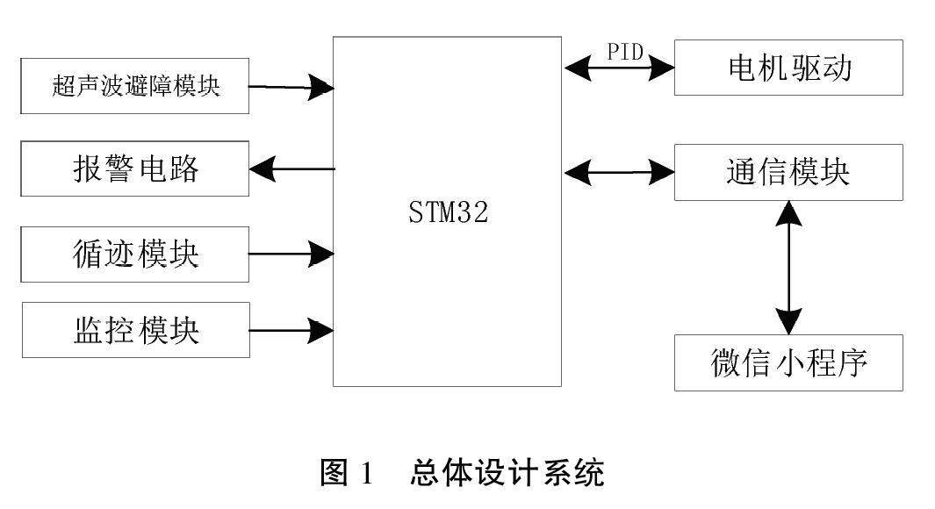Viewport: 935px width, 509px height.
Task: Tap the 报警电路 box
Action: pyautogui.click(x=134, y=168)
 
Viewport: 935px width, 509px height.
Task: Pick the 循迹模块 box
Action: pyautogui.click(x=134, y=254)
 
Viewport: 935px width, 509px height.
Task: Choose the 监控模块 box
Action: pyautogui.click(x=134, y=330)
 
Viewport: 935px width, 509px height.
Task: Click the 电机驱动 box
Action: pyautogui.click(x=788, y=68)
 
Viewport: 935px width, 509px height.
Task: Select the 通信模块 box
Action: pyautogui.click(x=788, y=172)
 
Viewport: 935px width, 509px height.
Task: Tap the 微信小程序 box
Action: pyautogui.click(x=788, y=362)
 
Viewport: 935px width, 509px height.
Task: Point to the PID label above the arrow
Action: pyautogui.click(x=626, y=52)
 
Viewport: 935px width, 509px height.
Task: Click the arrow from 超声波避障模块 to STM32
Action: pyautogui.click(x=291, y=87)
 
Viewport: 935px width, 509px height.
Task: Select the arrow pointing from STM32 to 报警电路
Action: pyautogui.click(x=291, y=168)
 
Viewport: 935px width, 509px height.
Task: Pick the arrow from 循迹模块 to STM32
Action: pyautogui.click(x=291, y=254)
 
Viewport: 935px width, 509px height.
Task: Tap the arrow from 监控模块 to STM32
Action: pyautogui.click(x=291, y=331)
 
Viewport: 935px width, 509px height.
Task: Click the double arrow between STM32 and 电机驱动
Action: pyautogui.click(x=618, y=68)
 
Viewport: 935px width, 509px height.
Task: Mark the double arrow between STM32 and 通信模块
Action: pyautogui.click(x=618, y=172)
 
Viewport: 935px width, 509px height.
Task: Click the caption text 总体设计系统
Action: pyautogui.click(x=507, y=475)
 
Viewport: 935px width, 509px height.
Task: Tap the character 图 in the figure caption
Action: pyautogui.click(x=335, y=475)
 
